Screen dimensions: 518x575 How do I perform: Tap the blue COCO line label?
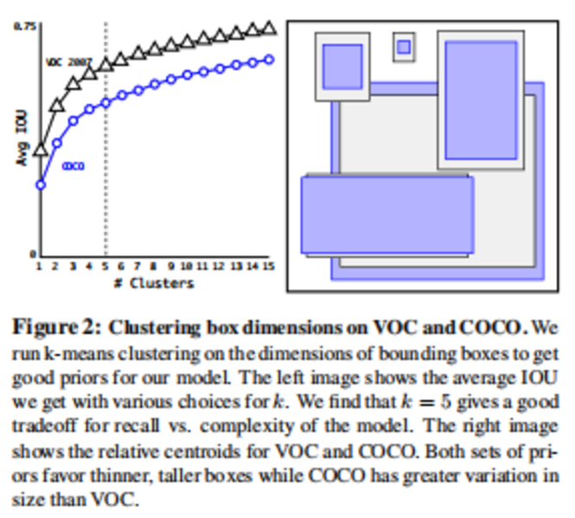click(x=73, y=166)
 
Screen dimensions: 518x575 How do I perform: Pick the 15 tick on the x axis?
click(x=268, y=267)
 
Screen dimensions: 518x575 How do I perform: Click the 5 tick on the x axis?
click(x=105, y=267)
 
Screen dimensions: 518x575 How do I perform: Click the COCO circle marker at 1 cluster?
click(x=40, y=184)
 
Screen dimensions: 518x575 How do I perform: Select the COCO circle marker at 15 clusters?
click(x=268, y=60)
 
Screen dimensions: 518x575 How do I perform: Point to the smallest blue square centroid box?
click(x=403, y=47)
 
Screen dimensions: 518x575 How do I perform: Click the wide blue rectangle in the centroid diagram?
click(x=387, y=215)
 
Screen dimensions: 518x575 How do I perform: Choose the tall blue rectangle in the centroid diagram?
click(x=481, y=98)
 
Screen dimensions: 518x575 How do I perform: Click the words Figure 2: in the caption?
click(x=57, y=328)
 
